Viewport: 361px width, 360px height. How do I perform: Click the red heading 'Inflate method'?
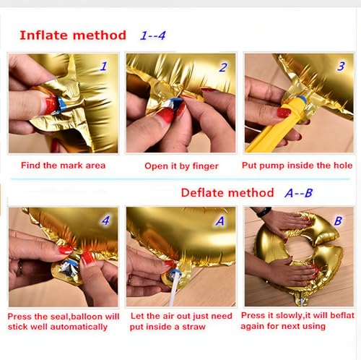[x=72, y=35]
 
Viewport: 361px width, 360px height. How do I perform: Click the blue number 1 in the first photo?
[x=103, y=67]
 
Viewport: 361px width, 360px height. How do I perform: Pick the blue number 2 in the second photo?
[x=222, y=68]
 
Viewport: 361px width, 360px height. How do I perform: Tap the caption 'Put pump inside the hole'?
[x=298, y=166]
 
